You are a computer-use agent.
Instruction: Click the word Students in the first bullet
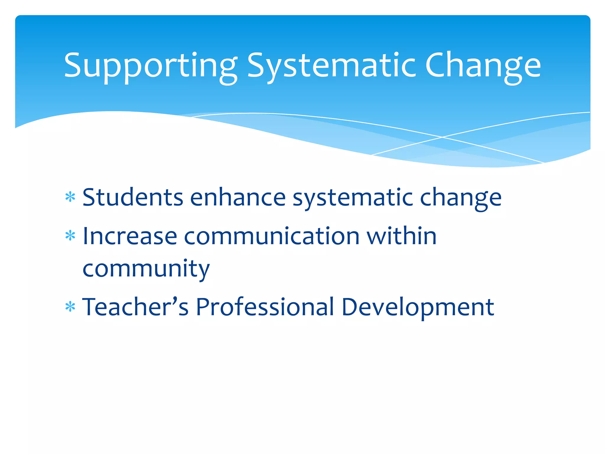click(133, 197)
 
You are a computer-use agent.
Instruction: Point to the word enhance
click(238, 197)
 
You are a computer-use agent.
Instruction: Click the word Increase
click(130, 236)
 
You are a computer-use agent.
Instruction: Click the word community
click(146, 269)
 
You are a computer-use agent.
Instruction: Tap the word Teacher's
click(135, 307)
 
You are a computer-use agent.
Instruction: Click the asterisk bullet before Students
click(70, 197)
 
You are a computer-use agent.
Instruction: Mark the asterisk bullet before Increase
click(70, 236)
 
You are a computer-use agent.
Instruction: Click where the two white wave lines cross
click(442, 137)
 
